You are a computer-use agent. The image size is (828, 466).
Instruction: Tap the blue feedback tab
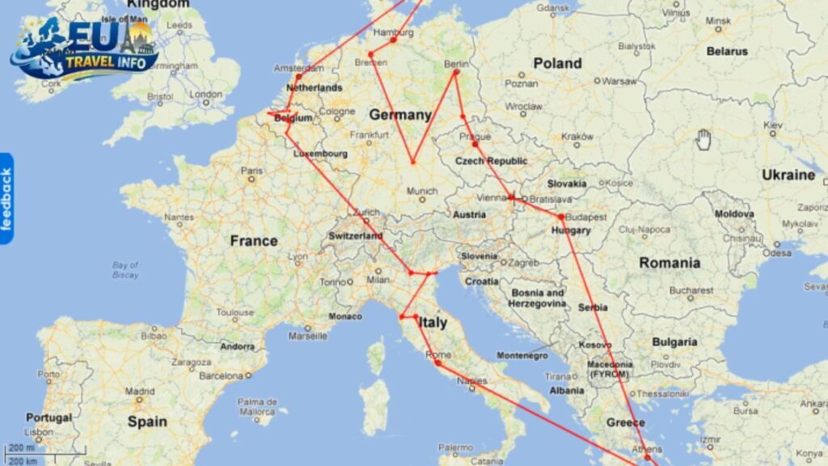pyautogui.click(x=6, y=199)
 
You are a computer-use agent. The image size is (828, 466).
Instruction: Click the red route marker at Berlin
pyautogui.click(x=456, y=73)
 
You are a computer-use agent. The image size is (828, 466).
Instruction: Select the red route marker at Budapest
pyautogui.click(x=560, y=217)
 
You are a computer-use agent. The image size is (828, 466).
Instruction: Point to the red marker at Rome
pyautogui.click(x=438, y=363)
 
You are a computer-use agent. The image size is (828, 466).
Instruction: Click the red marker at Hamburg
pyautogui.click(x=393, y=40)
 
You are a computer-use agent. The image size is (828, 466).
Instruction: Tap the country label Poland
pyautogui.click(x=557, y=63)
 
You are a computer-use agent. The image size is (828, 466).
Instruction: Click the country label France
pyautogui.click(x=253, y=241)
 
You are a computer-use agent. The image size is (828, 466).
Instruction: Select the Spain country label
pyautogui.click(x=147, y=422)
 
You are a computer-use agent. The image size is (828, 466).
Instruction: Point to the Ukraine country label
pyautogui.click(x=788, y=175)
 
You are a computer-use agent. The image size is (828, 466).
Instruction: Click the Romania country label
pyautogui.click(x=670, y=263)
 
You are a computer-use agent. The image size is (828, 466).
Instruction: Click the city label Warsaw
pyautogui.click(x=620, y=81)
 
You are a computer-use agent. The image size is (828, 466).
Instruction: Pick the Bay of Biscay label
pyautogui.click(x=125, y=269)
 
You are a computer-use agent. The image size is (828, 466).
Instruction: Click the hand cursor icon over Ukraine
pyautogui.click(x=703, y=139)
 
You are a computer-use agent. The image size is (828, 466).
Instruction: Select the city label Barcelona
pyautogui.click(x=221, y=375)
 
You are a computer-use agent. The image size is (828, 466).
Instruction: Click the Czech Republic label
pyautogui.click(x=491, y=161)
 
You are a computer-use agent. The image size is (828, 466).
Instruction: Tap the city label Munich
pyautogui.click(x=421, y=191)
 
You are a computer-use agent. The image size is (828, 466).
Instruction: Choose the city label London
pyautogui.click(x=205, y=94)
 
